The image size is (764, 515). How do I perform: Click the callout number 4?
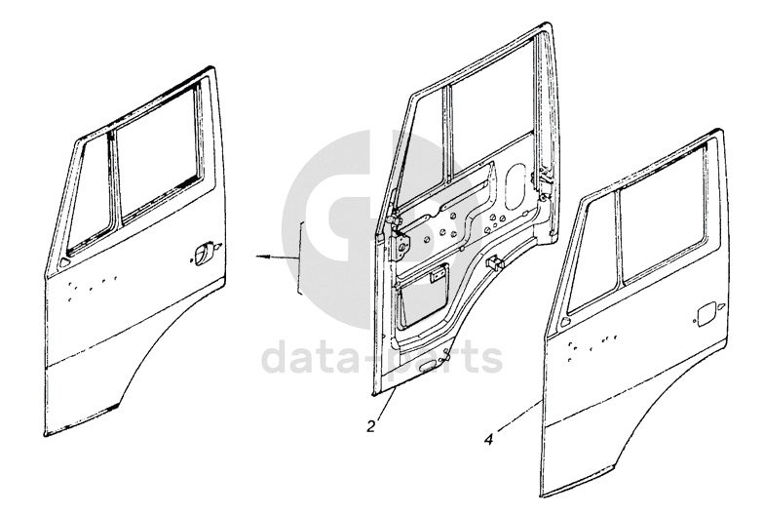pyautogui.click(x=487, y=438)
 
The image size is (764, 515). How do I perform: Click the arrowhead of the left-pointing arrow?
pyautogui.click(x=260, y=257)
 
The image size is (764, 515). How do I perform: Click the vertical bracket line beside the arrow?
pyautogui.click(x=302, y=259)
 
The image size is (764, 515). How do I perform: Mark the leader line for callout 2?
pyautogui.click(x=384, y=406)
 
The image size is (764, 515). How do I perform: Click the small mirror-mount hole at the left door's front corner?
pyautogui.click(x=64, y=261)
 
